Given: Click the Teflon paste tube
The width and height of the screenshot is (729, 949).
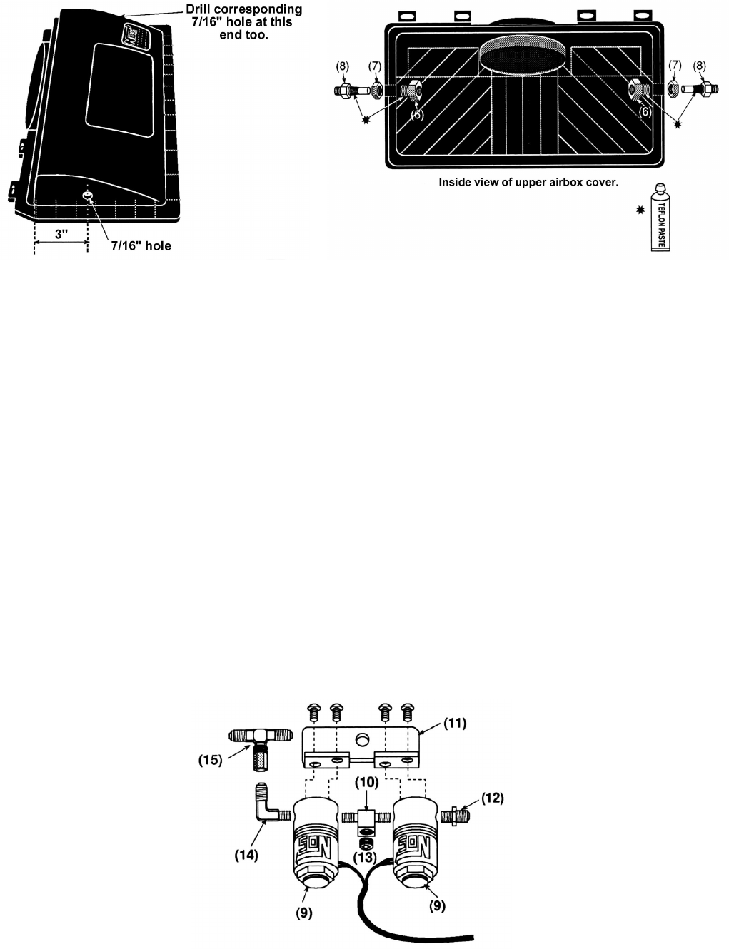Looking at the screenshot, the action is click(660, 218).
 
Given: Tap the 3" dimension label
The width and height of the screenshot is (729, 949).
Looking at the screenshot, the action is click(61, 234).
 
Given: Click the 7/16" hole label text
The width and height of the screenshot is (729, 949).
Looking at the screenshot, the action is click(141, 246).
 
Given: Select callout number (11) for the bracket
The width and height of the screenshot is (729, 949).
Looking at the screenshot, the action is click(455, 724).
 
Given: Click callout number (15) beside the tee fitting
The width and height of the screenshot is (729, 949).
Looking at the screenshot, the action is click(211, 760).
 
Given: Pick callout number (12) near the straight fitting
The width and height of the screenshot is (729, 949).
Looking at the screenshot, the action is click(492, 798).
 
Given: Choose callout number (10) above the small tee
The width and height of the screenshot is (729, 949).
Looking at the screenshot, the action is click(366, 782).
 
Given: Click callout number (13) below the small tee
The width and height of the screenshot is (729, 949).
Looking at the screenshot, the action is click(365, 857).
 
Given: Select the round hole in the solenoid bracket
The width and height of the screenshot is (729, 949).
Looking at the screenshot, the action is click(362, 739).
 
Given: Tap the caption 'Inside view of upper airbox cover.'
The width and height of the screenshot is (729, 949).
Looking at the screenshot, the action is click(528, 182).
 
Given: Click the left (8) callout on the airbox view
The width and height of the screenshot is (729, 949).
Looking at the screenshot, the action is click(343, 66).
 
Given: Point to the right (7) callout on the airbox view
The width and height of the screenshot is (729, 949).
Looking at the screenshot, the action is click(675, 66).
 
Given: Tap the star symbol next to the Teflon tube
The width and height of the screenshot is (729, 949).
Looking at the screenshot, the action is click(640, 210).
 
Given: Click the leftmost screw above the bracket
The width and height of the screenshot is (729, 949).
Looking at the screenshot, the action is click(314, 712).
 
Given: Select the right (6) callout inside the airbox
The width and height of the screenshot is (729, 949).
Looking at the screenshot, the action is click(645, 112).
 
